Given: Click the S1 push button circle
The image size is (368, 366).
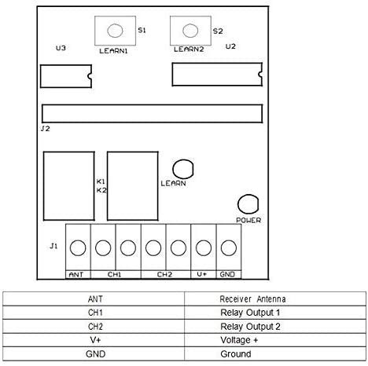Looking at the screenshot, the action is [115, 31].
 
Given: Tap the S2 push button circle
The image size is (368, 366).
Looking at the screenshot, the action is [190, 31].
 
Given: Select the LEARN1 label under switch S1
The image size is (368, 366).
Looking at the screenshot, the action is [113, 51].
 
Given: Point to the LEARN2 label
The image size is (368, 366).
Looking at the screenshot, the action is [189, 49].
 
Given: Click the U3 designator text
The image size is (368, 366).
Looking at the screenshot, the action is [61, 48].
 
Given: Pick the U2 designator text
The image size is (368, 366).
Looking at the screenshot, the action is [230, 46].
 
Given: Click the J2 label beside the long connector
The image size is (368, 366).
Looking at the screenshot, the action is [46, 129].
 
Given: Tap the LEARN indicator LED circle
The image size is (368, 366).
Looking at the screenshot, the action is [183, 169].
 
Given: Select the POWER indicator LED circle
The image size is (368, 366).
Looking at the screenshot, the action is [248, 204].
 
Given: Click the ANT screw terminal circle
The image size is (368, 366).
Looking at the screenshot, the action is [78, 247].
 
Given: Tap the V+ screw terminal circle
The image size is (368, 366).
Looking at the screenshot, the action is [204, 247].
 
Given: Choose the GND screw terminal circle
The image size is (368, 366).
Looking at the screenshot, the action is [229, 247].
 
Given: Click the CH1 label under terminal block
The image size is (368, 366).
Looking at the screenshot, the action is [115, 274].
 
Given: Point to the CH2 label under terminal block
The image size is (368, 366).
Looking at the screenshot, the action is [164, 274].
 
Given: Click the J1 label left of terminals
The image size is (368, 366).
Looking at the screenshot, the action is [53, 246].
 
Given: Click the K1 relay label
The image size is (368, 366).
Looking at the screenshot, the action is [101, 181].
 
